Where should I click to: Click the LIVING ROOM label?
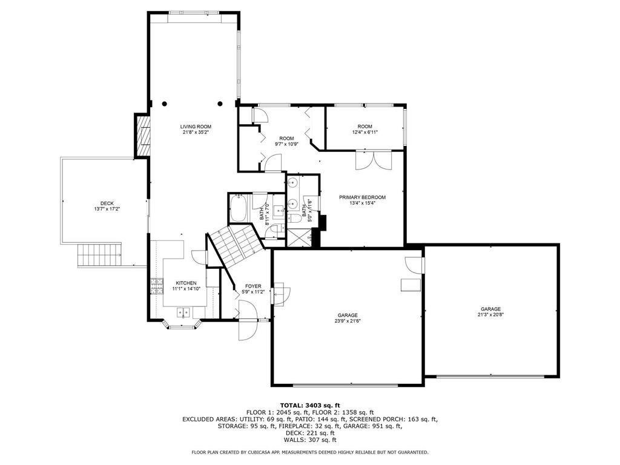(196, 127)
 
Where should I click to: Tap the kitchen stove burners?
(157, 286)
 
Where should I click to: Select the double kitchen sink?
(184, 313)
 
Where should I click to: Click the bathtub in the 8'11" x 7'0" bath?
(239, 208)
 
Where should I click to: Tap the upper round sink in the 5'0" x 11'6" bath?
(293, 183)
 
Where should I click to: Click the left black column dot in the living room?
(165, 104)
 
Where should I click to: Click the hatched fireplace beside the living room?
(143, 136)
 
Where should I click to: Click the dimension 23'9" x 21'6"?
(348, 321)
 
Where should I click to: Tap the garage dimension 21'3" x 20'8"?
(490, 315)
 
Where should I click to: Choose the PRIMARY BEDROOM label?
(362, 197)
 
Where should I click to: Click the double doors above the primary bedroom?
(374, 160)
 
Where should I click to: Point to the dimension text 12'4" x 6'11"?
(364, 133)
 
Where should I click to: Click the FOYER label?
(253, 286)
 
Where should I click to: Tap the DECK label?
(107, 203)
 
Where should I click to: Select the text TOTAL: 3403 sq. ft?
(310, 405)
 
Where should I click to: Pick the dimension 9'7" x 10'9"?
(286, 144)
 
